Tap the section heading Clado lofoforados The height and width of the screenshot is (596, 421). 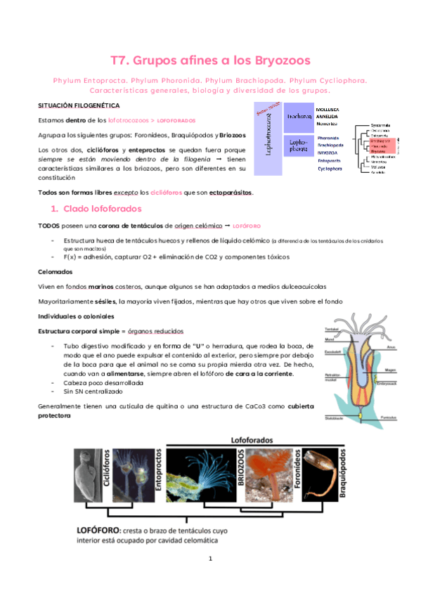point(102,209)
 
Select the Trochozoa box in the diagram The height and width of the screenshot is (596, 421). point(299,117)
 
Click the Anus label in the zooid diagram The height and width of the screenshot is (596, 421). point(392,347)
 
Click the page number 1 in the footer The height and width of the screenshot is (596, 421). point(209,578)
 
